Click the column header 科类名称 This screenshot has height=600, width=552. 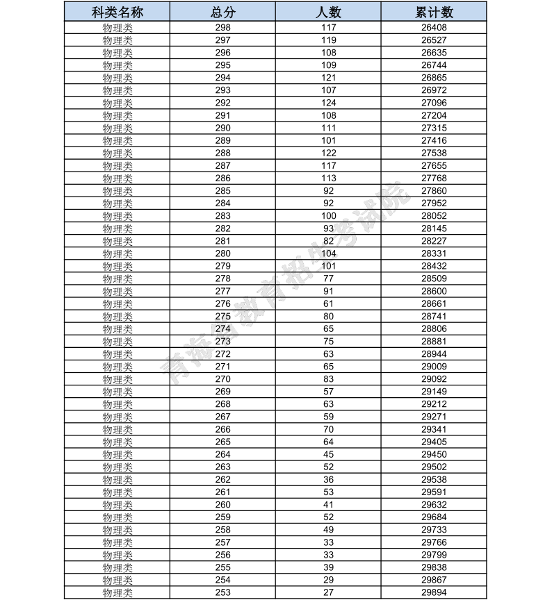[117, 12]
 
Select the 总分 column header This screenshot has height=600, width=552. [223, 12]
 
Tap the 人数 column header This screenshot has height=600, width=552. [329, 12]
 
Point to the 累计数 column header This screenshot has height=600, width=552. [434, 12]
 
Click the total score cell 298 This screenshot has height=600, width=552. [223, 28]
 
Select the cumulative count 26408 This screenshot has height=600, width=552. [434, 28]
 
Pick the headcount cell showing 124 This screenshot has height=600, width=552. [329, 103]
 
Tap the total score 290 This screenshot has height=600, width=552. [223, 128]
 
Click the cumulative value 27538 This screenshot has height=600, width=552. [434, 153]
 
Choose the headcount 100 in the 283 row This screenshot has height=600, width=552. [329, 216]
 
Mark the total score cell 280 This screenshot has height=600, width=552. [223, 253]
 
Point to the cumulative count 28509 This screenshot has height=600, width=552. [434, 278]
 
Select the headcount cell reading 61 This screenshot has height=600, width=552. [329, 303]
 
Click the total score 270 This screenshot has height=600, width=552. [223, 379]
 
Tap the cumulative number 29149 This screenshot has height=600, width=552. [434, 392]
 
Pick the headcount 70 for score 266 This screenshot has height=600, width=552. [329, 429]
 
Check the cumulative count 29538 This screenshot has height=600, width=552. [434, 479]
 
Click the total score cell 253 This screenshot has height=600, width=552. [223, 592]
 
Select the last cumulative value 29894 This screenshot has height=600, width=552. [434, 592]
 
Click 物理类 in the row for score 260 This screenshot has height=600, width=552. [117, 505]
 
